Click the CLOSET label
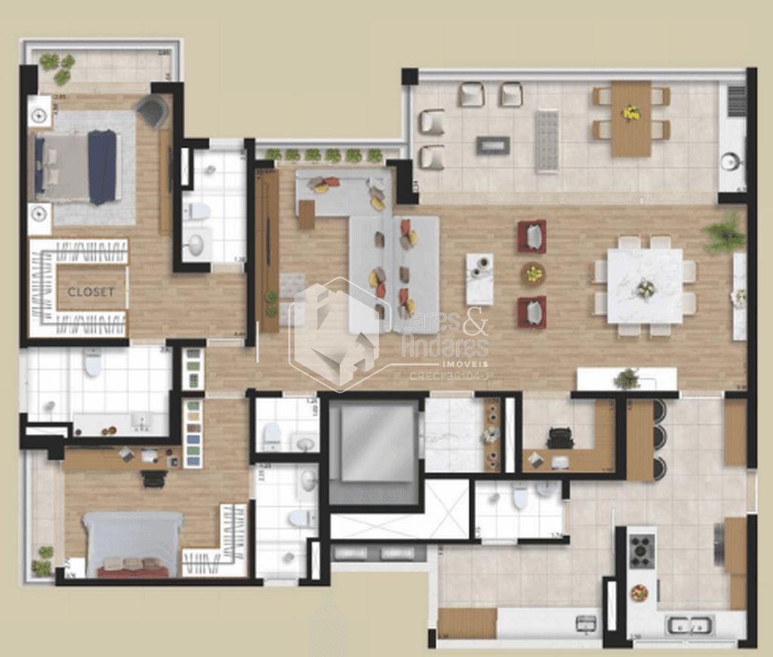pos(91,291)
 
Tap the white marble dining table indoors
pos(645,286)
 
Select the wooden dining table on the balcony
pos(631,119)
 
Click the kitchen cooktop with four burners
pos(642,551)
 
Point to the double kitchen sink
pos(689,625)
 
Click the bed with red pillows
pos(133,544)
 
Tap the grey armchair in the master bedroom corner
pos(153,111)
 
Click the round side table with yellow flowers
pos(533,273)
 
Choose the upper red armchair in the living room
pos(531,236)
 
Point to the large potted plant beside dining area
pos(725,234)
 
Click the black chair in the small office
pos(560,437)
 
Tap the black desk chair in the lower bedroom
pos(154,478)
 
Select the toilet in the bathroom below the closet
pos(93,363)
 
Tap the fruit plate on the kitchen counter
pos(639,593)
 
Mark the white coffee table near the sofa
pos(479,279)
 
